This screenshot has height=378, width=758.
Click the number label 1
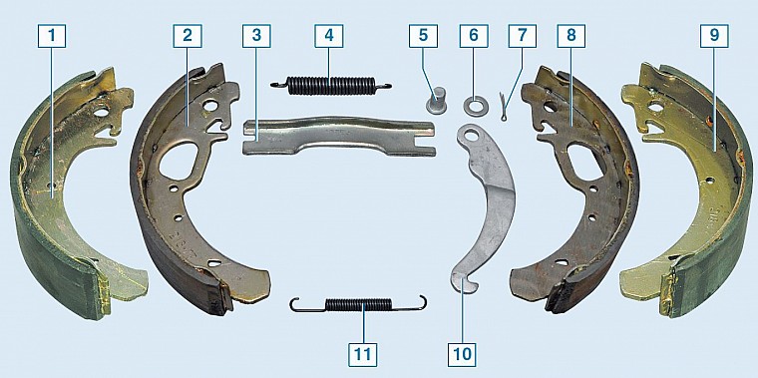[x=52, y=36]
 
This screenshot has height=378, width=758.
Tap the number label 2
[x=188, y=36]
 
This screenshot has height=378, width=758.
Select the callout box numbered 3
[x=256, y=36]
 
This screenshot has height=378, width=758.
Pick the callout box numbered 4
[x=329, y=36]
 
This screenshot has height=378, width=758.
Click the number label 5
[x=423, y=36]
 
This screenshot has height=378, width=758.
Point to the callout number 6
[x=474, y=36]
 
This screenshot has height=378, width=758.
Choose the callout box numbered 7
[x=522, y=36]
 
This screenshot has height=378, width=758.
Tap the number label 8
[x=570, y=36]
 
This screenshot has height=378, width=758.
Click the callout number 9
[x=714, y=36]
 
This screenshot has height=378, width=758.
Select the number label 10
[x=462, y=354]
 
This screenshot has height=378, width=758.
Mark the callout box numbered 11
[x=363, y=354]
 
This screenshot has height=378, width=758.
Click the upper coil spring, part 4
[x=331, y=86]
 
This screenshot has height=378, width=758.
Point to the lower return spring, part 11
[x=358, y=304]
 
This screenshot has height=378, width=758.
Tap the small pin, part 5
[x=436, y=99]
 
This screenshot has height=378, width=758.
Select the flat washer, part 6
[x=473, y=106]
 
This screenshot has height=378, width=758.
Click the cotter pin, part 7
[x=504, y=106]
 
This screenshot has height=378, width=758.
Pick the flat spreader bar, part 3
[x=338, y=136]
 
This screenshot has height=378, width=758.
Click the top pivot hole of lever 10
[x=472, y=136]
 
